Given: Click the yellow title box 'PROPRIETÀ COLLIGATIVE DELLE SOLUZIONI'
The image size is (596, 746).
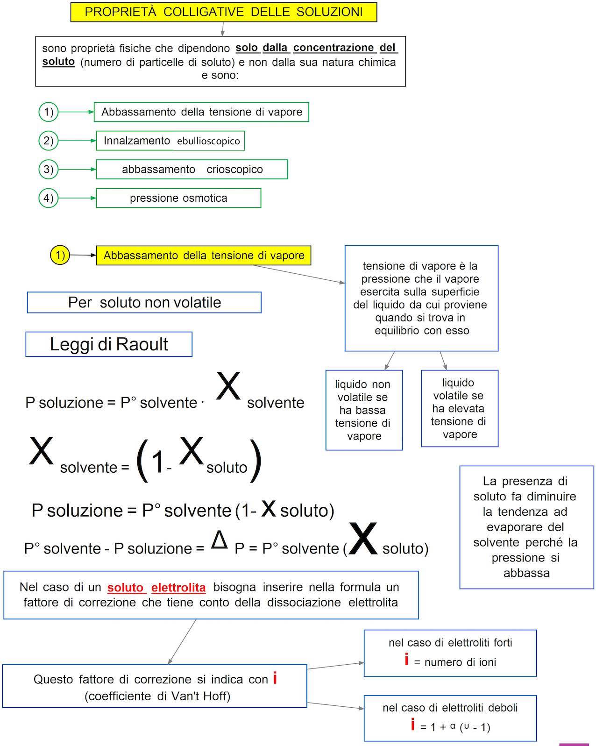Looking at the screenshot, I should pos(223,12).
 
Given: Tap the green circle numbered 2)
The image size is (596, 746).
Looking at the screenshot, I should pos(48,141).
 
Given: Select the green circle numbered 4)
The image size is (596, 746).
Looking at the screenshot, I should pos(48,198).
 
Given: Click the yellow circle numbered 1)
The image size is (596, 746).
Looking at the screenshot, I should pos(60,255).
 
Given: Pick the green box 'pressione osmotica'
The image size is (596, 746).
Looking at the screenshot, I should pos(178,198).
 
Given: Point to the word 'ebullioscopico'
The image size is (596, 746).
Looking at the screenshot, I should pos(208,141).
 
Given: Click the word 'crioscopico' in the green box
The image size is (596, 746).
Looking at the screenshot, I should pos(234,170).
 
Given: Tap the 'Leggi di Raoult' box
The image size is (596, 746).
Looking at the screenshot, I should pos(109,344).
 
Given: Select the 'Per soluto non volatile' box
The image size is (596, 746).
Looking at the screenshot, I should pos(144,302).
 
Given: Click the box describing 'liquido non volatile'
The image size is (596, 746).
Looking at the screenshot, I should pos(364,410).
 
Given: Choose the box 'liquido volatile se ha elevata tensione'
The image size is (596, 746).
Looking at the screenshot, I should pos(460,409).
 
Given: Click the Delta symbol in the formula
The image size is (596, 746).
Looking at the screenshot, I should pos(219,540).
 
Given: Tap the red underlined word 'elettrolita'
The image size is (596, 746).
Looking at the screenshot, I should pos(178,587).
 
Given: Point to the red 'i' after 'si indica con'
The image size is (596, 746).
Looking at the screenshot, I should pos(275,678).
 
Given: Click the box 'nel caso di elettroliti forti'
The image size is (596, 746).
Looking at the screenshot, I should pos(450,653).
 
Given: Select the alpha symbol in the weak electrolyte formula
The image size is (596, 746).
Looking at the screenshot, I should pos(453,726).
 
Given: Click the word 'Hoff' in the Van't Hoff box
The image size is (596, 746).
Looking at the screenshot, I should pos(216,696).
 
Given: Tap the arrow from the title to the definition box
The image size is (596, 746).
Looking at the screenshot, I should pos(223,29).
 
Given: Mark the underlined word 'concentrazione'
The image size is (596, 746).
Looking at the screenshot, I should pos(333,48).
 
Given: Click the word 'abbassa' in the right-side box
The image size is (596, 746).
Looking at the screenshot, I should pos(526,573).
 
